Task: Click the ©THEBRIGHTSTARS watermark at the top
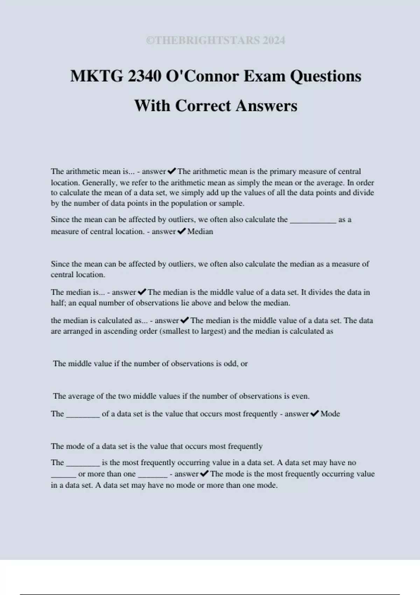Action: pos(216,41)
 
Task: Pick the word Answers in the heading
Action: pos(266,106)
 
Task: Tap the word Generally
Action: pos(96,183)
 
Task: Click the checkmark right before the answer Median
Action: pos(181,231)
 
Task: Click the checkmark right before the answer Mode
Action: pos(314,414)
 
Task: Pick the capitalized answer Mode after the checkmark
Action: pos(330,414)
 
